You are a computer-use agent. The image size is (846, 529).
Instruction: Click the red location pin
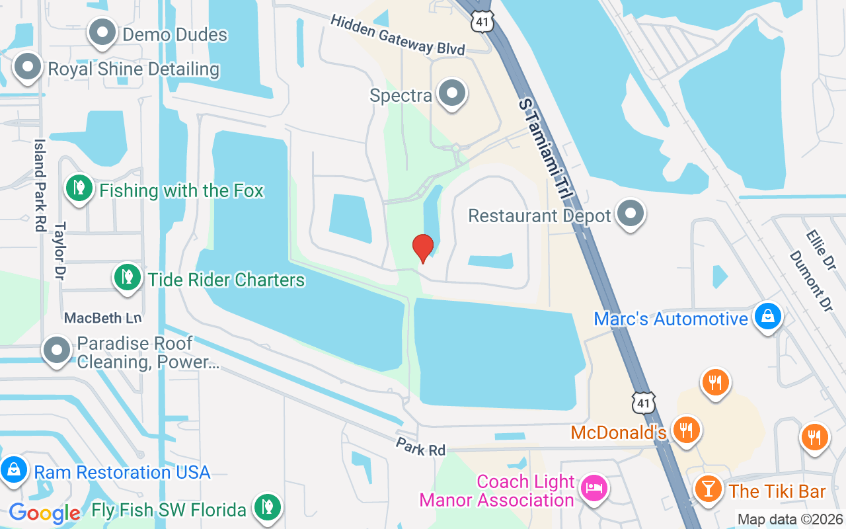point(422,248)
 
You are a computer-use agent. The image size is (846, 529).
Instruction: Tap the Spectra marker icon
point(453,93)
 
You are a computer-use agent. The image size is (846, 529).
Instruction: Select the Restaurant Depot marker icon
point(631,214)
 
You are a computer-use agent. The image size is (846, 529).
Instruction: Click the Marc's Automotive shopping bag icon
point(768,317)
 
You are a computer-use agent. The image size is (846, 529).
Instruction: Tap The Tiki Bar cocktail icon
point(708,489)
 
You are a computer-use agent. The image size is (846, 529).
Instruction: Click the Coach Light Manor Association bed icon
point(593,489)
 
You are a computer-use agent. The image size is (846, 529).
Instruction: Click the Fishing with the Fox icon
point(79,188)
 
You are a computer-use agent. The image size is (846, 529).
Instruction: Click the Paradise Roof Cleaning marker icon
point(57,350)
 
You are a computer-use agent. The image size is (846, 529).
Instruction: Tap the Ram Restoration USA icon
point(14,470)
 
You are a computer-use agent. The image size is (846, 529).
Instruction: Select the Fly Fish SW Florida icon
point(266,508)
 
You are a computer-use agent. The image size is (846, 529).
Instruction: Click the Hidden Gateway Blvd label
point(398,35)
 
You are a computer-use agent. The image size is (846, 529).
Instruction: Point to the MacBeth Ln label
point(102,318)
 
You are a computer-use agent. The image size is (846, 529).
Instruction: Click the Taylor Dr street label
point(60,251)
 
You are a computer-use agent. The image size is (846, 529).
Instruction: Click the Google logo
point(44,512)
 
